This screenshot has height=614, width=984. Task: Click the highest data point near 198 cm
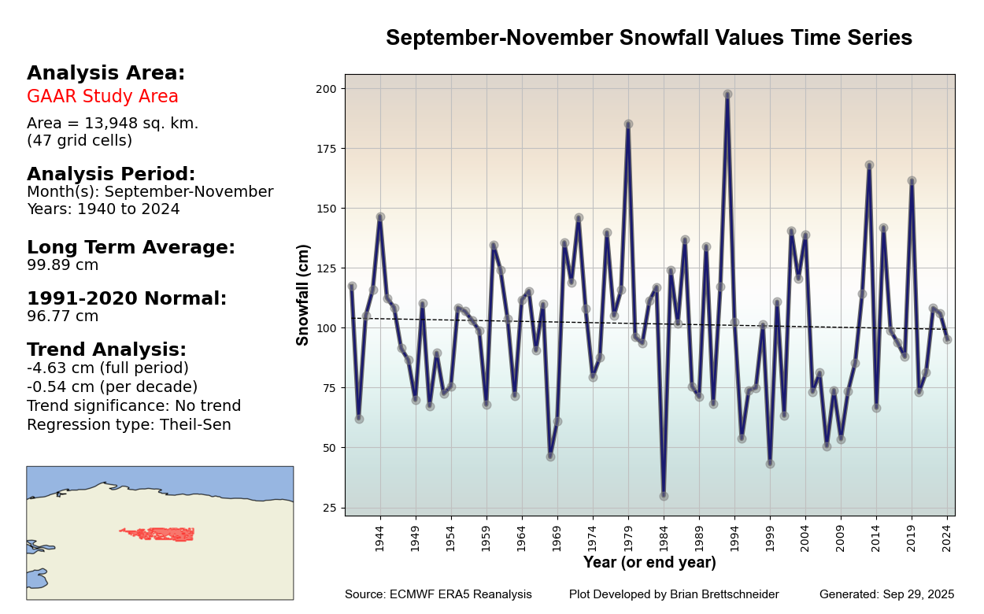[727, 94]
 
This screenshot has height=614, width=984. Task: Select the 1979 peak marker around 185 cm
[628, 124]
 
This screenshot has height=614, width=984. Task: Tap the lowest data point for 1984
[664, 496]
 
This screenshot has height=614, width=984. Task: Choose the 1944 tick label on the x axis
[379, 539]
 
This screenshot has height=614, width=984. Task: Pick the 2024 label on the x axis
[947, 539]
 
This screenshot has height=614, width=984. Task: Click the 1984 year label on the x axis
[664, 539]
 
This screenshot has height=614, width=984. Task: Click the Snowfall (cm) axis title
[303, 294]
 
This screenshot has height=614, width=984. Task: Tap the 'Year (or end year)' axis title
[649, 563]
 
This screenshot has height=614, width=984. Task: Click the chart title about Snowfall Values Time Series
[649, 38]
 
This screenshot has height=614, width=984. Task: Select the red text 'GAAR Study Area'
[102, 97]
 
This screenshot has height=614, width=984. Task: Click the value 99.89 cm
[63, 265]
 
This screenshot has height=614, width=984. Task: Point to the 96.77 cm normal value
[63, 316]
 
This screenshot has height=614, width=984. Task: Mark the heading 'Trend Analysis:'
[106, 350]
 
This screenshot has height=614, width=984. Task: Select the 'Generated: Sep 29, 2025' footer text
[886, 594]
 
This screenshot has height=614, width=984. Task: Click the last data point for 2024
[947, 339]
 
